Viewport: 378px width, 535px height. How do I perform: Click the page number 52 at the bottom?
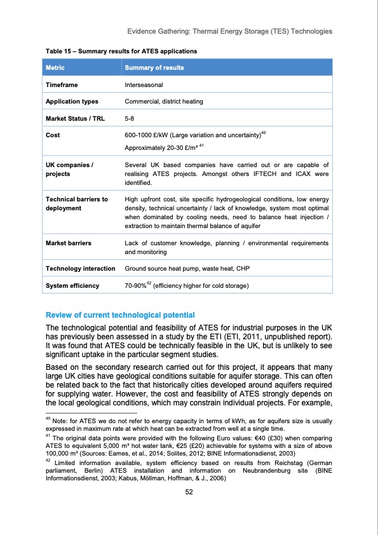(x=189, y=514)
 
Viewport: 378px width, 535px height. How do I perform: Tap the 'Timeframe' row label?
(x=62, y=85)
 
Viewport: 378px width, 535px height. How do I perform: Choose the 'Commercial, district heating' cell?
(x=165, y=101)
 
